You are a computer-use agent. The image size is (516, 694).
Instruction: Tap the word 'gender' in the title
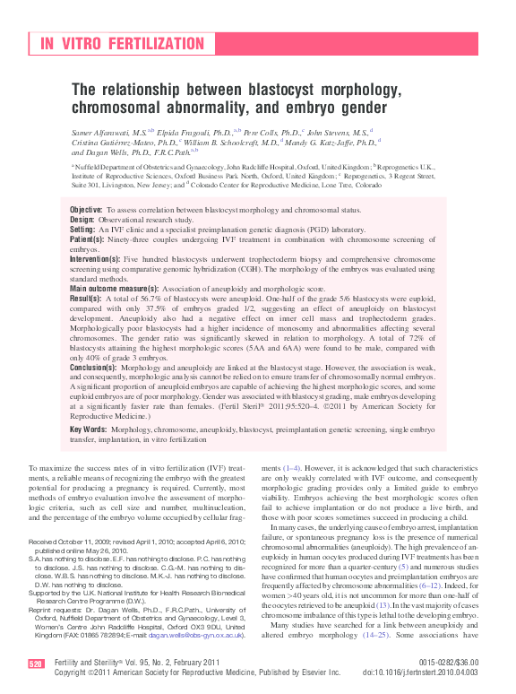[x=376, y=107]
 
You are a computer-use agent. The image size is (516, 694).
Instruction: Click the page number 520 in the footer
[x=36, y=664]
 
